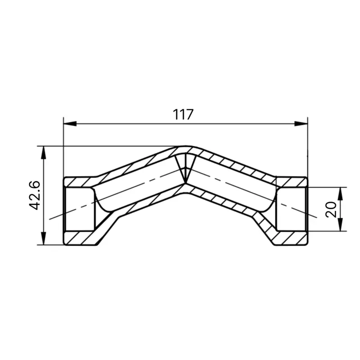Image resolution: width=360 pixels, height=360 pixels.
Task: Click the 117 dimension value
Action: [183, 115]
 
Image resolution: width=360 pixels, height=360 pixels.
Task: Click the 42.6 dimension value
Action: [35, 195]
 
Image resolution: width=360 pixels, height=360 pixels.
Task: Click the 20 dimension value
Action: [331, 209]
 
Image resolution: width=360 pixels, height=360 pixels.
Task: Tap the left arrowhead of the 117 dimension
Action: [70, 124]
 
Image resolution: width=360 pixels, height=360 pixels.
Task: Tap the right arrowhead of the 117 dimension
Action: [301, 124]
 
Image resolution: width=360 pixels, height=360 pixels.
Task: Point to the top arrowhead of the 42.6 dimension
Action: [43, 153]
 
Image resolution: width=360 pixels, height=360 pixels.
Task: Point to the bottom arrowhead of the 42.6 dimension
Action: [43, 238]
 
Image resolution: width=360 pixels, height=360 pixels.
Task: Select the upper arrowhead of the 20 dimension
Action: [341, 193]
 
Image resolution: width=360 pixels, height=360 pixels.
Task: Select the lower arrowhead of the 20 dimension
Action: [341, 225]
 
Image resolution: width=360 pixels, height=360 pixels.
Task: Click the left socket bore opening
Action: [80, 209]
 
